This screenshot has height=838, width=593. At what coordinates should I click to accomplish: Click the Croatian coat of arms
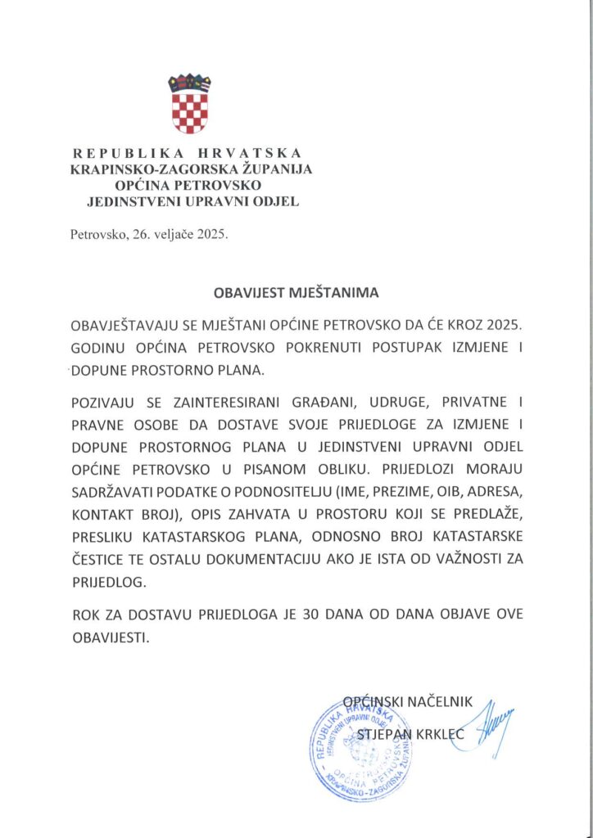pyautogui.click(x=189, y=104)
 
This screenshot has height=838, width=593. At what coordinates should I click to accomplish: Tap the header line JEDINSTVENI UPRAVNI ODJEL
pyautogui.click(x=192, y=200)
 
